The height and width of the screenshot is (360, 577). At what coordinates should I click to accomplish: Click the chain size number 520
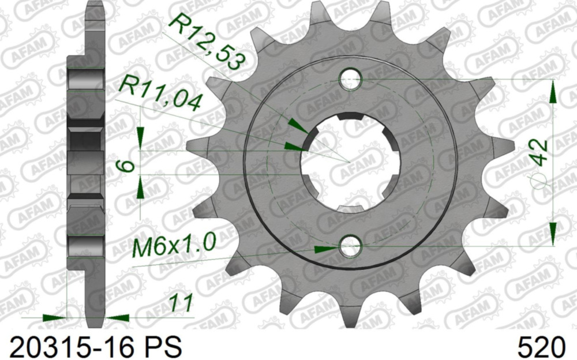[541, 347]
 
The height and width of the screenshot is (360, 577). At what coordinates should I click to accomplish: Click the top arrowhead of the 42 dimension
[552, 92]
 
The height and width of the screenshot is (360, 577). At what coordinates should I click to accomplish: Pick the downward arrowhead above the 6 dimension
[140, 138]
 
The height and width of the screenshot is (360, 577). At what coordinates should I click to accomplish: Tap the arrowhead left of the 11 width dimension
[55, 317]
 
